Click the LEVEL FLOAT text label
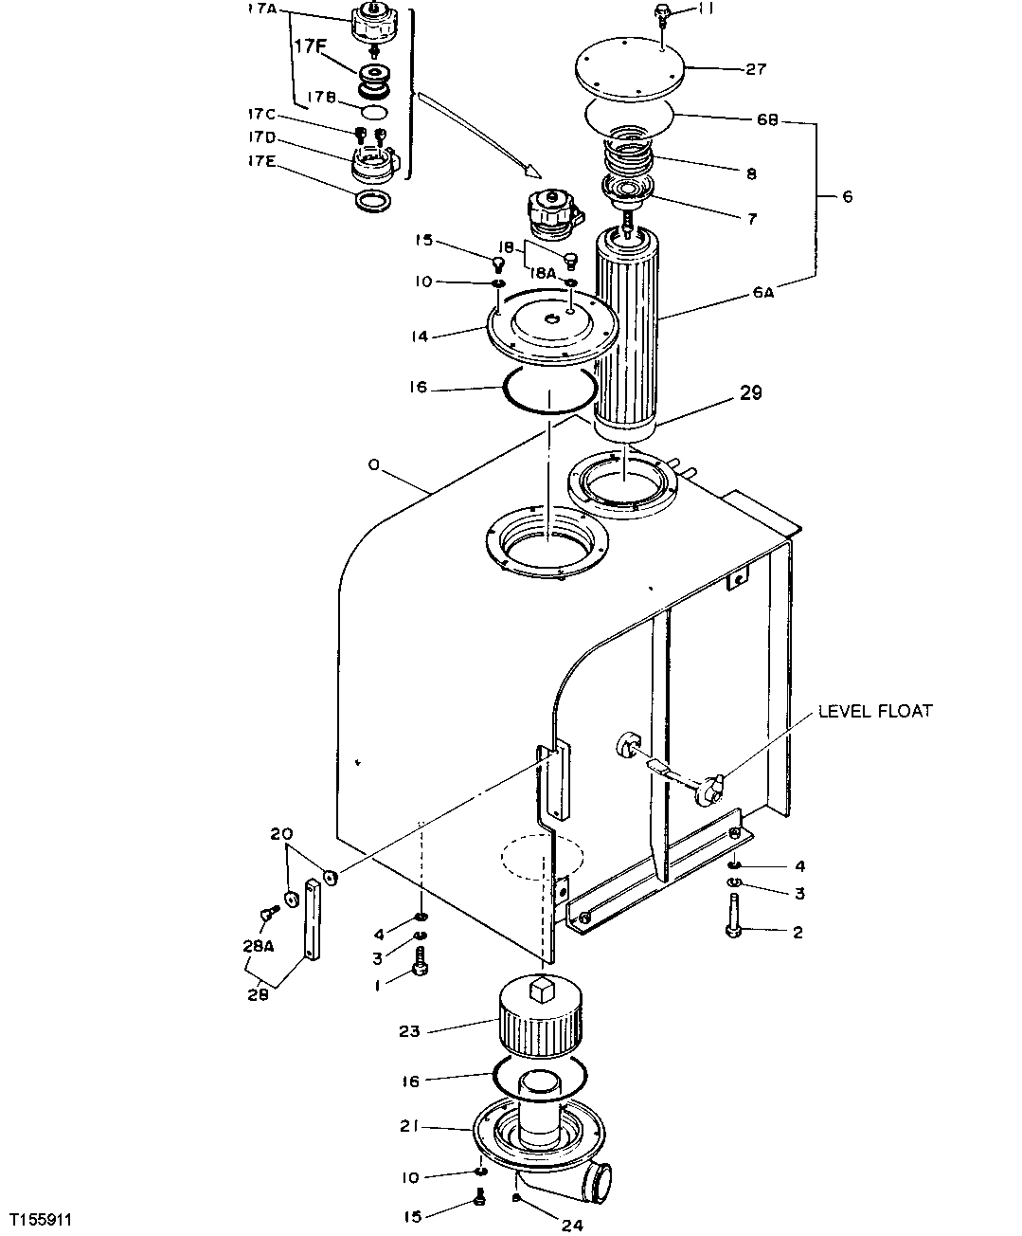tap(875, 711)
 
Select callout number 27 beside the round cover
tap(755, 69)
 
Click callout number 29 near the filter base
tap(750, 392)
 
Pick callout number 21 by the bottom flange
tap(409, 1127)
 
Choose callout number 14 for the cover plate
tap(421, 336)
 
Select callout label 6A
tap(763, 293)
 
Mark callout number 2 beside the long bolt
tap(798, 933)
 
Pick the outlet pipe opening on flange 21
tap(598, 1183)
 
